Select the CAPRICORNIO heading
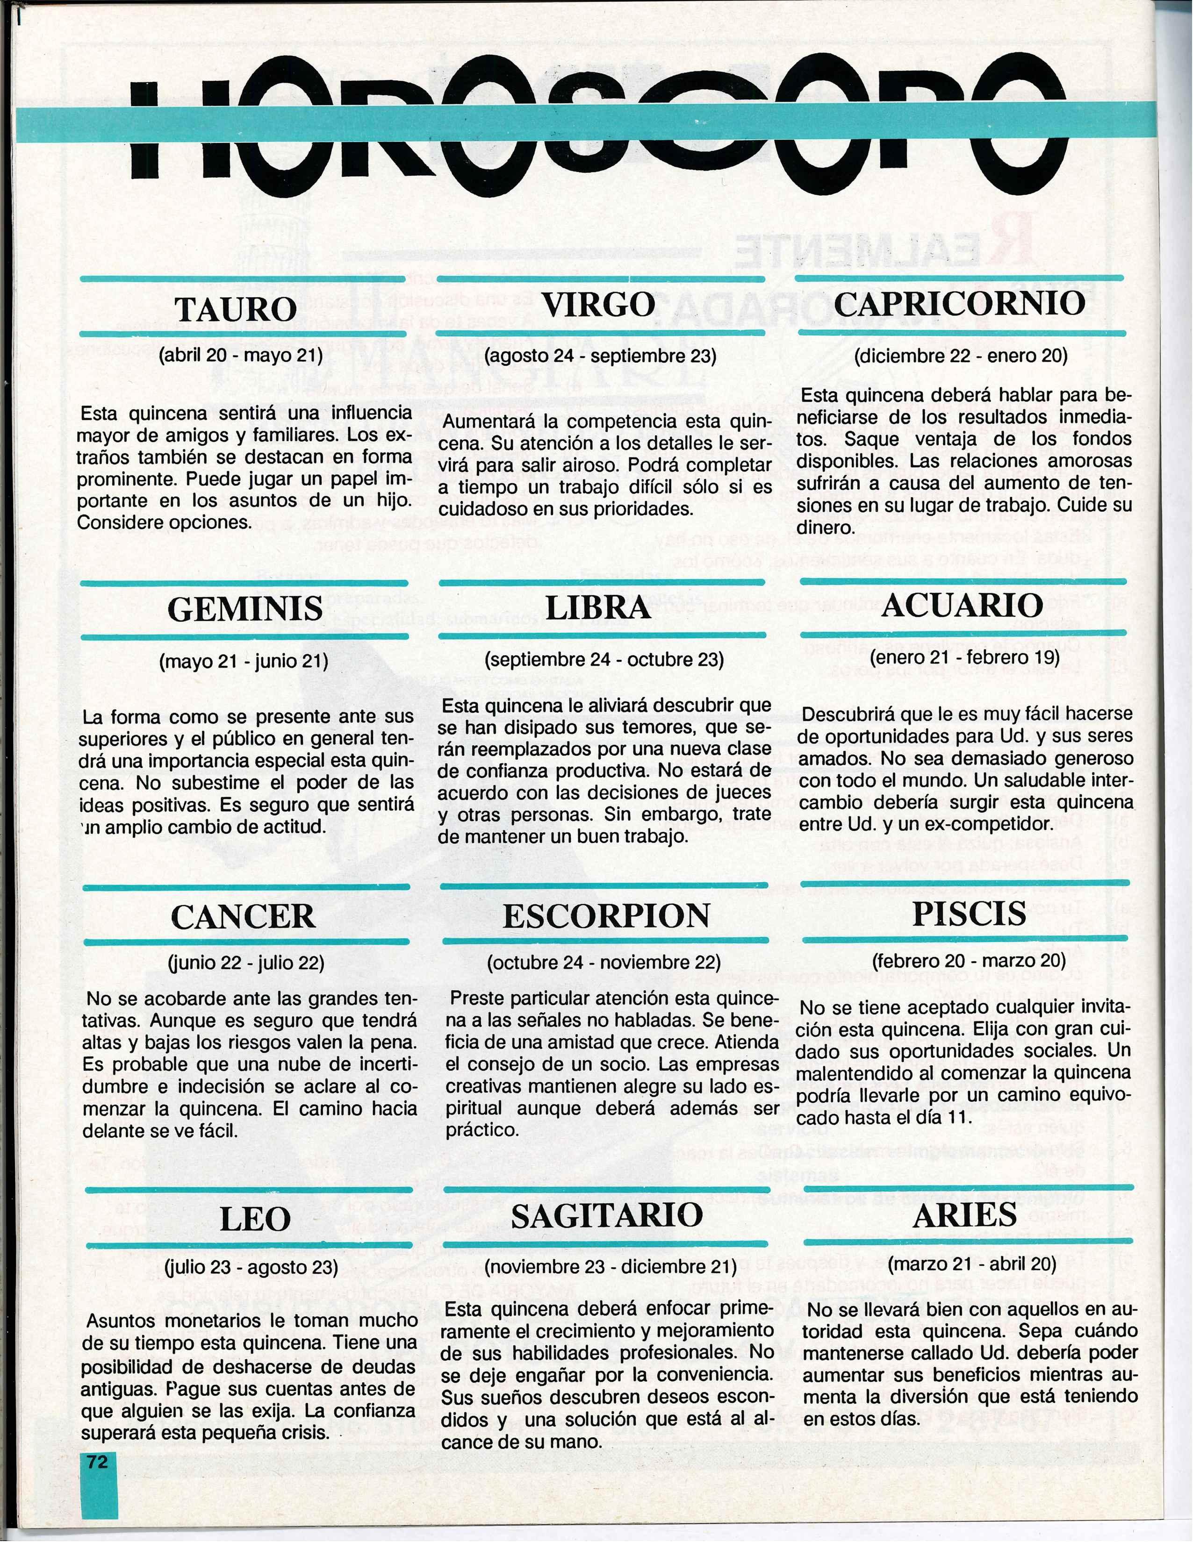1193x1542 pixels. [959, 304]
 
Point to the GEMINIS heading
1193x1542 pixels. [245, 608]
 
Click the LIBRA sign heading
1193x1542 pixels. [599, 607]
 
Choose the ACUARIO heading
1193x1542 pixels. [962, 605]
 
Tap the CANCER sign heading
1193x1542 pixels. [243, 916]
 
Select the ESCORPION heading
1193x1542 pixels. [606, 916]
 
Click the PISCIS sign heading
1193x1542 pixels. [969, 914]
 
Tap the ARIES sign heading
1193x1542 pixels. [965, 1215]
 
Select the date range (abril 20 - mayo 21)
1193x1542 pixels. [241, 355]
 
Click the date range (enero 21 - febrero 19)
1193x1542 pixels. [964, 657]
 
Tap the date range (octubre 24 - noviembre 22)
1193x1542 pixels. [604, 962]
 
